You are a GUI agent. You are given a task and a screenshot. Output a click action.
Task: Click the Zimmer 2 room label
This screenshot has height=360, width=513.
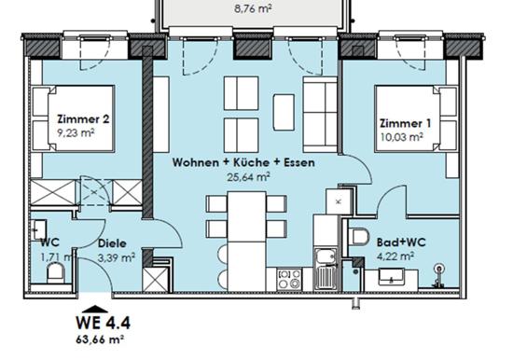pyautogui.click(x=83, y=118)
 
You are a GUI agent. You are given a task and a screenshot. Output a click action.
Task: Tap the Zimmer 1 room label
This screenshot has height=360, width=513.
pyautogui.click(x=406, y=123)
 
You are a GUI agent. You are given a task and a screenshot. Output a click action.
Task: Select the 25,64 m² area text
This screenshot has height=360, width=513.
pyautogui.click(x=249, y=177)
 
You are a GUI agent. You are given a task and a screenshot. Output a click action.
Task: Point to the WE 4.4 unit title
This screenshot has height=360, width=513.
pyautogui.click(x=103, y=323)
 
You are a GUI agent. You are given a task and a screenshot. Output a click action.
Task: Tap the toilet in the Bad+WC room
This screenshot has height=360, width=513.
pyautogui.click(x=358, y=236)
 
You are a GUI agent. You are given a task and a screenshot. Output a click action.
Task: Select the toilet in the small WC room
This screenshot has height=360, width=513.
pyautogui.click(x=57, y=274)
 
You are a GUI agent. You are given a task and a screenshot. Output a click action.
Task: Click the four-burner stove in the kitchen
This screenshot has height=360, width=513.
pyautogui.click(x=289, y=279)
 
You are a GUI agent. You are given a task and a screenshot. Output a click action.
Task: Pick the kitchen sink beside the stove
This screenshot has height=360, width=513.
pyautogui.click(x=326, y=269)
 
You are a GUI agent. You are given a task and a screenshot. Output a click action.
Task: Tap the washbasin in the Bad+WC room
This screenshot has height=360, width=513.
pyautogui.click(x=392, y=277)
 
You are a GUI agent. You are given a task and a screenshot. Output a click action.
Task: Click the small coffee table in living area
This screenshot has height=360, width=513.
pyautogui.click(x=284, y=112)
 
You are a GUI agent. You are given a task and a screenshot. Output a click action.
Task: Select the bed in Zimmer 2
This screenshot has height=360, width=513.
pyautogui.click(x=73, y=118)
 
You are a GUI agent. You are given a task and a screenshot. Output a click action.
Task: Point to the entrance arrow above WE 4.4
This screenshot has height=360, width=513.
pyautogui.click(x=95, y=309)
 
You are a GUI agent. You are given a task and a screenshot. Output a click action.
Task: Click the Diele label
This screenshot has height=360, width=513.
pyautogui.click(x=112, y=243)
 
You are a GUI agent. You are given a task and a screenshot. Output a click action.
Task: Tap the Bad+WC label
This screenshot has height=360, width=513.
pyautogui.click(x=401, y=242)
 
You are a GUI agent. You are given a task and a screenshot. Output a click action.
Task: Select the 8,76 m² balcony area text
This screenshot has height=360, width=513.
pyautogui.click(x=253, y=8)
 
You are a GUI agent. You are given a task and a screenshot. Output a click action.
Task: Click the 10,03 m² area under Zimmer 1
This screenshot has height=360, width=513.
pyautogui.click(x=402, y=137)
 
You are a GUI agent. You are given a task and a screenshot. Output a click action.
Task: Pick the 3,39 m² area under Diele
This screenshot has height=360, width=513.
pyautogui.click(x=117, y=257)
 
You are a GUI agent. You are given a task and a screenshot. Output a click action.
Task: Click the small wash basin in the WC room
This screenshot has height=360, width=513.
pyautogui.click(x=39, y=229)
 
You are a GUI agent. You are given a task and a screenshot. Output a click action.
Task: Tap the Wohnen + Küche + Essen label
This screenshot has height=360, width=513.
pyautogui.click(x=243, y=162)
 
